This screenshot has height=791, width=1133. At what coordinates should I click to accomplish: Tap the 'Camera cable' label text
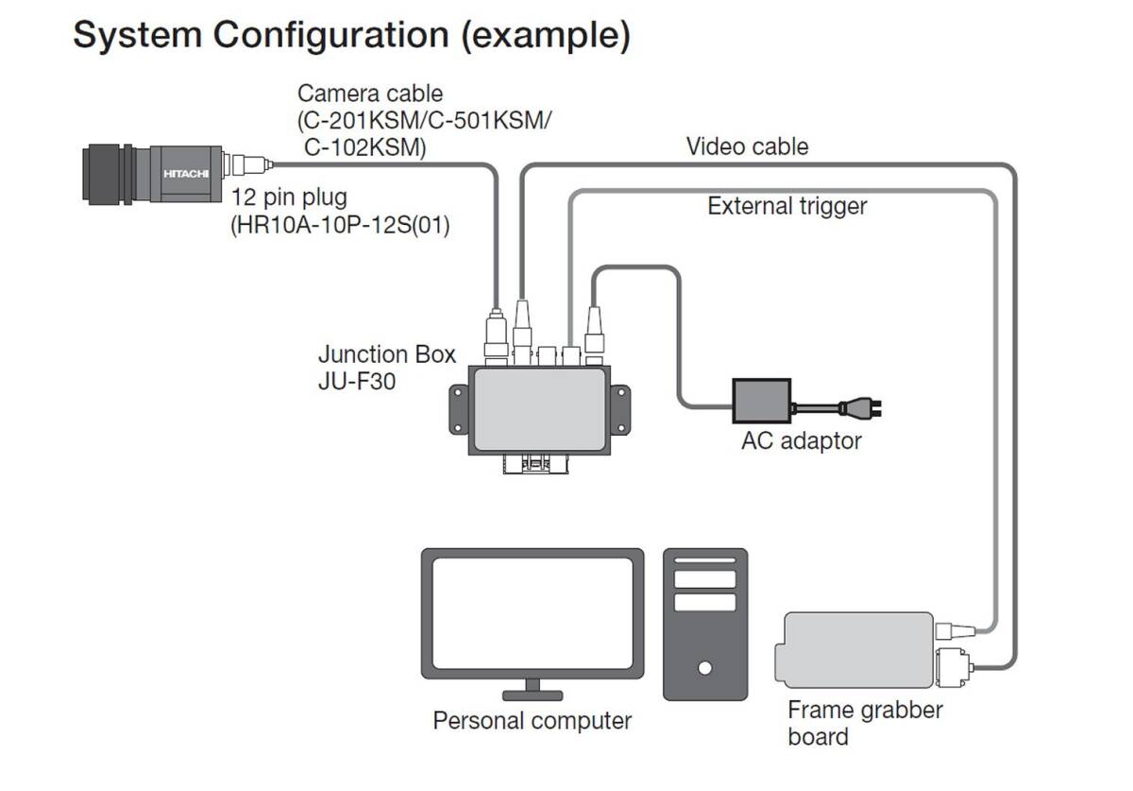pos(370,94)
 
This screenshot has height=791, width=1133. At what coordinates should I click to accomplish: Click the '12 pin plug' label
pos(290,198)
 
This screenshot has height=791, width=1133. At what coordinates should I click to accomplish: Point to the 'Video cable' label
pos(747,146)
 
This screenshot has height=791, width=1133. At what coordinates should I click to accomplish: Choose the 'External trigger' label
pos(786,205)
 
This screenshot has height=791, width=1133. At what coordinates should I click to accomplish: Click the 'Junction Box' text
pos(387,354)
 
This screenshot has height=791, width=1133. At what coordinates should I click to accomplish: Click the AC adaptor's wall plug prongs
pos(878,409)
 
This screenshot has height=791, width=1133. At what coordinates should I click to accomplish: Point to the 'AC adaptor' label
pos(802,440)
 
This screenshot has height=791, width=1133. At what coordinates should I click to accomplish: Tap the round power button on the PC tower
pos(704,668)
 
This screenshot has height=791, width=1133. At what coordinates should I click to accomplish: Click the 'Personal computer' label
pos(532,720)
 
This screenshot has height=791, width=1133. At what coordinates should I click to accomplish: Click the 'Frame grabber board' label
pos(865,722)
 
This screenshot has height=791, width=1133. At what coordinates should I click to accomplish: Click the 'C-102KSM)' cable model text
pos(364,146)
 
